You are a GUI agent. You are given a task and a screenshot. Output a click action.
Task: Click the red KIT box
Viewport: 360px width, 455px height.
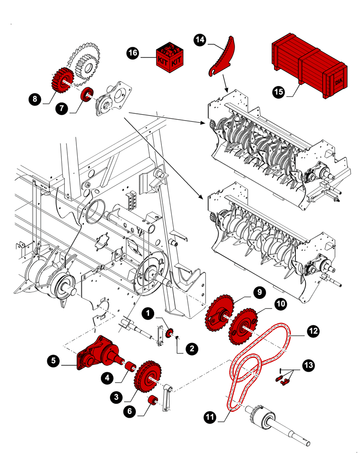170,56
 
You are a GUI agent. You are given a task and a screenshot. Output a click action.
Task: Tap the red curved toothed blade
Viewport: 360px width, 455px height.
222,58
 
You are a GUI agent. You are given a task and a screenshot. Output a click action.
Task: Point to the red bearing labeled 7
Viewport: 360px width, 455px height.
86,95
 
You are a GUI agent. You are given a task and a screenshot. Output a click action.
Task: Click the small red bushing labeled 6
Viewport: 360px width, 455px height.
154,401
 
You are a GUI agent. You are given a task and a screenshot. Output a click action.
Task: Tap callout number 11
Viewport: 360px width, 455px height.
210,416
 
